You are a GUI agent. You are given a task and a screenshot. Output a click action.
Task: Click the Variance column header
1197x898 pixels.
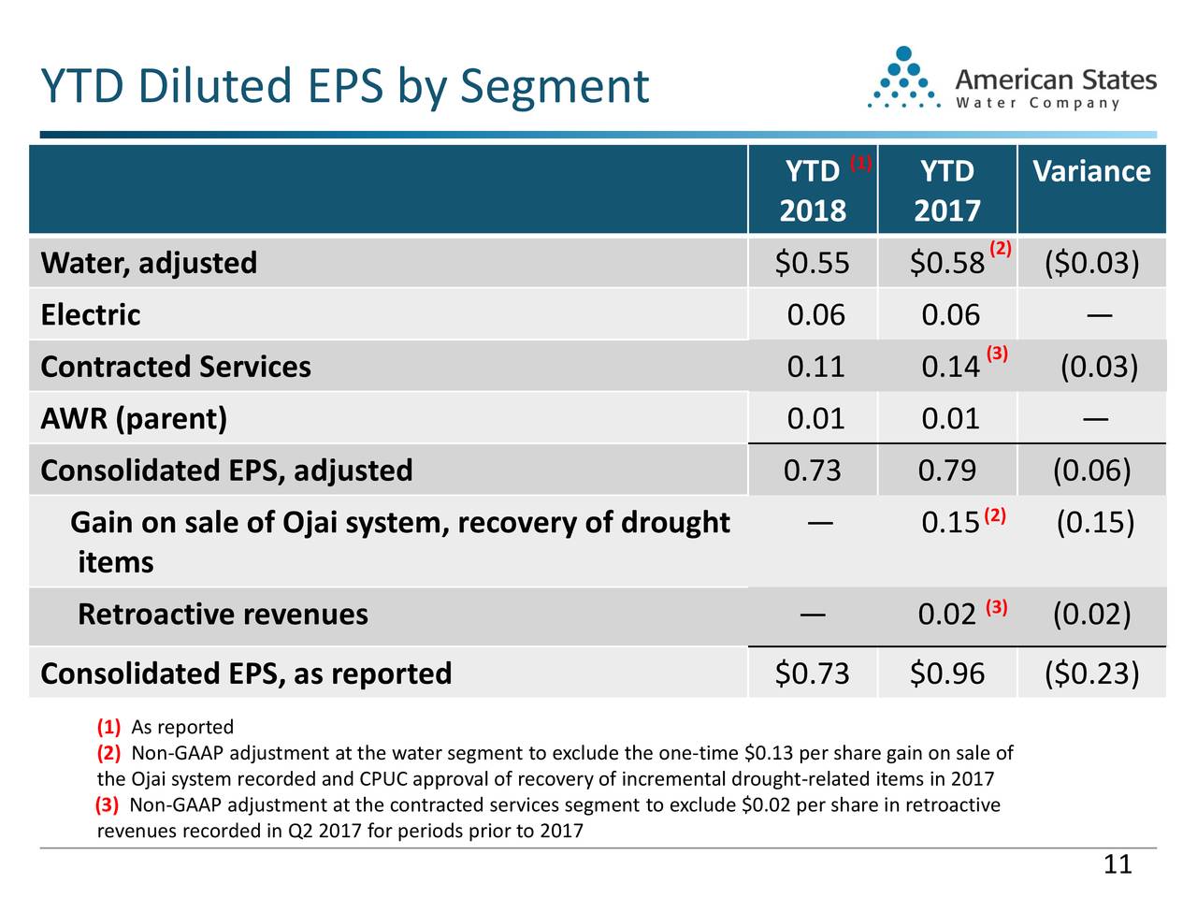1090,172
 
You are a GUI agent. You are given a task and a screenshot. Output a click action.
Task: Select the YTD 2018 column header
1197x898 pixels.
812,191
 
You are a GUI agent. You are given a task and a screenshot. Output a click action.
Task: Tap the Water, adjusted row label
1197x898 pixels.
149,263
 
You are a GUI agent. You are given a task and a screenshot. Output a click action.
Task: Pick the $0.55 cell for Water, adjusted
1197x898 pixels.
812,264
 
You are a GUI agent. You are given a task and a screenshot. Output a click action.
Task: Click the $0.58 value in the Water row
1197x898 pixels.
946,264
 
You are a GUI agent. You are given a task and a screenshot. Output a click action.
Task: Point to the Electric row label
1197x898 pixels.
91,315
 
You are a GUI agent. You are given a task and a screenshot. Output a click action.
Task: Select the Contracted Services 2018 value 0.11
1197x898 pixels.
815,367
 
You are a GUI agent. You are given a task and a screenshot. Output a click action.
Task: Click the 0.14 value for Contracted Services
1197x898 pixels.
950,367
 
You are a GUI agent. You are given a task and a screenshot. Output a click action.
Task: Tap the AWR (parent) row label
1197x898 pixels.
134,418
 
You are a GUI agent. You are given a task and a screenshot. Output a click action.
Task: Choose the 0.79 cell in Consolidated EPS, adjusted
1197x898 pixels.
946,470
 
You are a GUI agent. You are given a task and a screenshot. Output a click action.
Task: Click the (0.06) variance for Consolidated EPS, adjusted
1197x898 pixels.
1091,470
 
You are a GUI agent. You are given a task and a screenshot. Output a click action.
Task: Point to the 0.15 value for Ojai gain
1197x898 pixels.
950,523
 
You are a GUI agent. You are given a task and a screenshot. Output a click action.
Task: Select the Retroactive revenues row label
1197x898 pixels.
223,615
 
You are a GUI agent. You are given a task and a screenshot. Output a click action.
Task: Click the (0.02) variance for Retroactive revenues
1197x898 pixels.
1091,615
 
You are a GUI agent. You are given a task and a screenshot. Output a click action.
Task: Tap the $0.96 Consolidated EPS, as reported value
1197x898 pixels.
946,673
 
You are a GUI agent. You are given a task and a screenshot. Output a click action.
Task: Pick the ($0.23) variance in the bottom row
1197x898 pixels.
1091,673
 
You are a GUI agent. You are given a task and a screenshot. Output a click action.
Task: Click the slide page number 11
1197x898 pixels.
1118,864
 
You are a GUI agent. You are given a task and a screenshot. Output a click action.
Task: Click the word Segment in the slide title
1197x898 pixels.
555,87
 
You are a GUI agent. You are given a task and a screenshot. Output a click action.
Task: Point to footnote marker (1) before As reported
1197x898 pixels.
109,728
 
